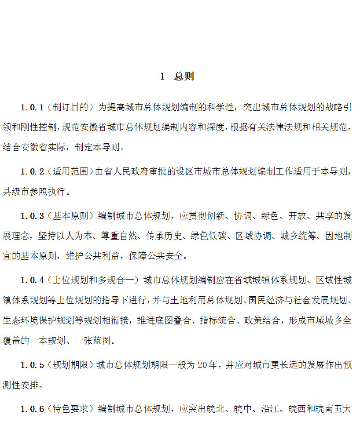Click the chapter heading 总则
click(184, 76)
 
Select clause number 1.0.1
click(32, 107)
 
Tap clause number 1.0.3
click(32, 216)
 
